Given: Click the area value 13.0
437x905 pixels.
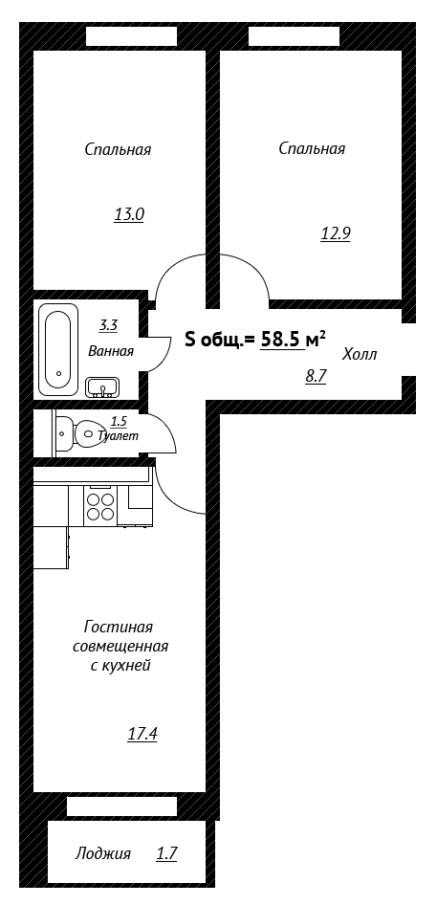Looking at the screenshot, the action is coord(129,215).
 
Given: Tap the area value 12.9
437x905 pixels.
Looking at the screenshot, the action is coord(336,233).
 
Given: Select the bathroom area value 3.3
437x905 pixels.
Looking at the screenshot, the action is coord(108,325).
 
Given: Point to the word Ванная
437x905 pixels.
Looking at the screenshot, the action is coord(111,351).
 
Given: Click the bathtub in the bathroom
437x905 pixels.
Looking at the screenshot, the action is coord(58,349).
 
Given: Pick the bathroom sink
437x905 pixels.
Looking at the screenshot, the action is coord(102,387).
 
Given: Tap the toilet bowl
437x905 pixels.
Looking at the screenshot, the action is coord(78,432).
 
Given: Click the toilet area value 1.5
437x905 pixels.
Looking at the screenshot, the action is coord(119,422).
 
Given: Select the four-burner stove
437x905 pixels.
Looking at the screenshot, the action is coord(99,506).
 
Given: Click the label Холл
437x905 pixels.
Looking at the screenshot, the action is coord(360,354).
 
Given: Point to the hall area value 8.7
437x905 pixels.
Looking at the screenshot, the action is coord(317,376).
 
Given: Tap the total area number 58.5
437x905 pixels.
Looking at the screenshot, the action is coord(282,340).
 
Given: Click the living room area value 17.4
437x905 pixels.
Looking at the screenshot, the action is coord(142,735).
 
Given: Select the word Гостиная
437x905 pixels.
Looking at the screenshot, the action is coord(119,627).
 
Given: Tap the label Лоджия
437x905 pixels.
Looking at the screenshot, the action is coord(102,853).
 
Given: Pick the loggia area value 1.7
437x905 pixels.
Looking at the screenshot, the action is coord(166,853).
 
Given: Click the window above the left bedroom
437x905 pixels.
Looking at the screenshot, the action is coord(132,36).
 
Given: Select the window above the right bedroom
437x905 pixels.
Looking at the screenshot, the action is coord(294,36).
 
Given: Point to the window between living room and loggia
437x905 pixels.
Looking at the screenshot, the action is coord(121,806).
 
